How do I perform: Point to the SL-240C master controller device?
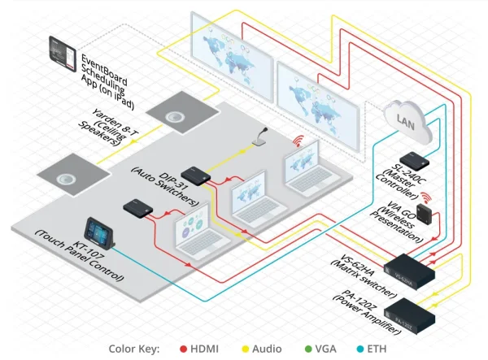(415, 159)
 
